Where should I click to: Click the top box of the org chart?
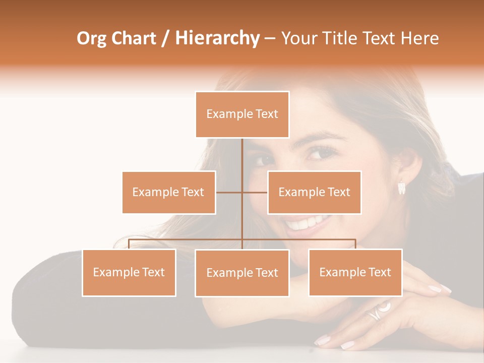(242, 114)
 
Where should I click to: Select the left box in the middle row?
(169, 192)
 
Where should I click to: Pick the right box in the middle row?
(314, 192)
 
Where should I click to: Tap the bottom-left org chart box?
(129, 272)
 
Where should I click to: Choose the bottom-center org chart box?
(242, 273)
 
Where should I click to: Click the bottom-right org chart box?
(355, 272)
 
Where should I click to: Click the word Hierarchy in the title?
(217, 38)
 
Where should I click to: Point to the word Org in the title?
(91, 38)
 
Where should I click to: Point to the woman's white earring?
(402, 188)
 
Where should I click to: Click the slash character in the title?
(166, 38)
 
